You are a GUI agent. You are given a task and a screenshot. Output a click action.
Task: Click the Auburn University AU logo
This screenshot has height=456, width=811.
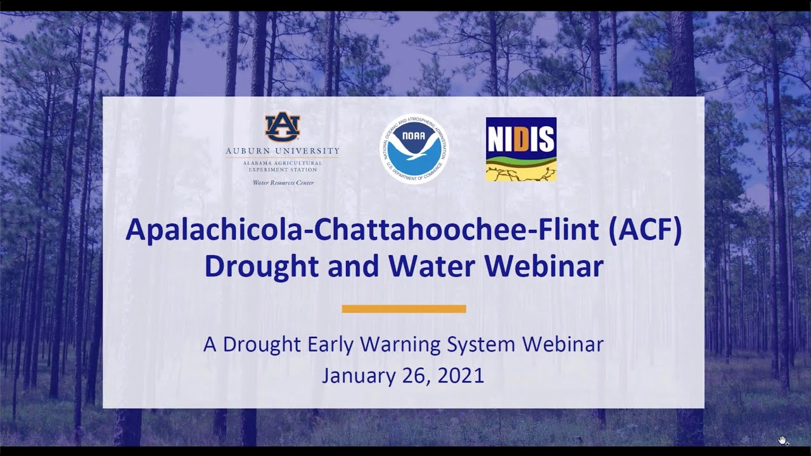[282, 127]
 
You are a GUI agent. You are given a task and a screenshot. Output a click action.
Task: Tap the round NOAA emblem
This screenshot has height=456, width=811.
[414, 149]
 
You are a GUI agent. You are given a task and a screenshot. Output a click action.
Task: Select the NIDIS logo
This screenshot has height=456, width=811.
[521, 149]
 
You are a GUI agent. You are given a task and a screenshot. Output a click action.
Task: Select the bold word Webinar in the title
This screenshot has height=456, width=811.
[549, 267]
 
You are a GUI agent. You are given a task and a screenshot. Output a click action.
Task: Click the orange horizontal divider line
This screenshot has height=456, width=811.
[404, 309]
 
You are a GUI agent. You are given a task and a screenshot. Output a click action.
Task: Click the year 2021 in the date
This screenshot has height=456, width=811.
[461, 376]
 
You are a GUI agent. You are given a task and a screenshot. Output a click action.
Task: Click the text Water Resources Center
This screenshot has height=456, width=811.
[283, 183]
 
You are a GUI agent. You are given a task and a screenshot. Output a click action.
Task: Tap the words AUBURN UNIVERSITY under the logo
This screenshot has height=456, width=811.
[283, 151]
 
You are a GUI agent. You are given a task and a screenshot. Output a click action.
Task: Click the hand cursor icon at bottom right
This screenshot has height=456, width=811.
[783, 440]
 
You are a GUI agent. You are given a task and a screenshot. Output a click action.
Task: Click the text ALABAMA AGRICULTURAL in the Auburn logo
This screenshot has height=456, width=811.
[283, 163]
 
